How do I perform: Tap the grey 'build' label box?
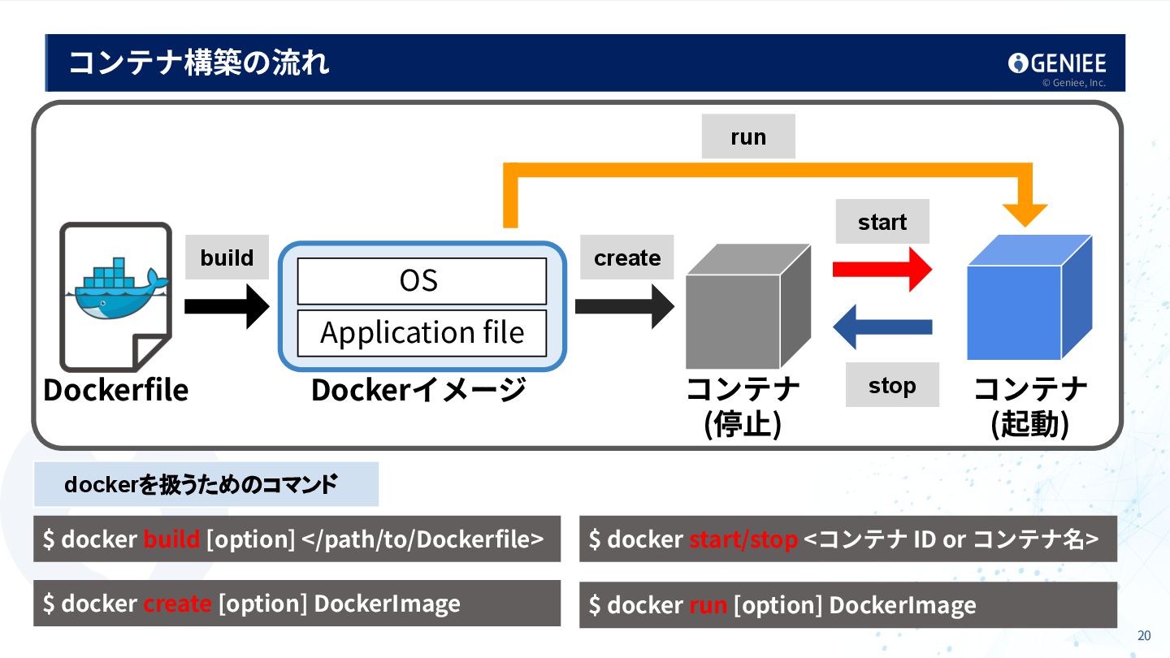click(227, 258)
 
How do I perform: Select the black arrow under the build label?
click(226, 306)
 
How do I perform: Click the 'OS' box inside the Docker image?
click(422, 281)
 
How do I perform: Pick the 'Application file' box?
click(422, 333)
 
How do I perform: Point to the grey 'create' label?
click(627, 258)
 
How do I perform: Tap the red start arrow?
click(882, 269)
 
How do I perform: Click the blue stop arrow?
click(882, 327)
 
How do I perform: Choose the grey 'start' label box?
click(882, 222)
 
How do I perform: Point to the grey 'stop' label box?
click(892, 385)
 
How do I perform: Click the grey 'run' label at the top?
click(748, 136)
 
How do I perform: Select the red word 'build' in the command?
click(171, 539)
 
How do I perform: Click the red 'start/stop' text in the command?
click(743, 539)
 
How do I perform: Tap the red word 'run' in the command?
click(708, 605)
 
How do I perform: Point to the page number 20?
click(1144, 636)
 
